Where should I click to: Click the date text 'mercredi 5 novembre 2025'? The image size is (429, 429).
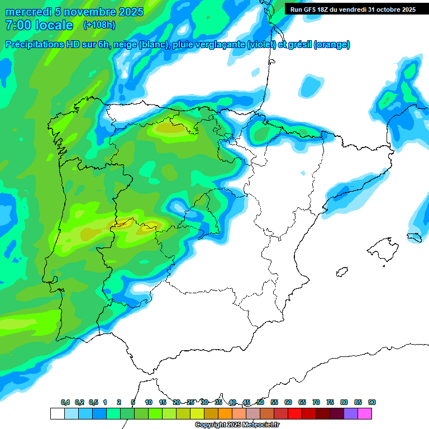pos(74,12)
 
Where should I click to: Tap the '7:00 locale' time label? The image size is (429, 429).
pos(39,25)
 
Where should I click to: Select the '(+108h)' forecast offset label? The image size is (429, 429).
pos(99,25)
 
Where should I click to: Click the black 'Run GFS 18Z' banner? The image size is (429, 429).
pos(352,9)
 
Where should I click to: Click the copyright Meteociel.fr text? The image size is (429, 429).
pos(237,425)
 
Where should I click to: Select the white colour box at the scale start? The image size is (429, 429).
pos(57,413)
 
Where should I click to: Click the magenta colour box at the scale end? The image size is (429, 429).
pos(365,413)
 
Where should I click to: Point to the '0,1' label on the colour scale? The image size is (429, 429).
pos(65,402)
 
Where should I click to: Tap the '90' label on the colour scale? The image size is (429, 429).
pos(372,402)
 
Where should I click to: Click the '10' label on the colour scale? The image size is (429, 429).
pos(149,402)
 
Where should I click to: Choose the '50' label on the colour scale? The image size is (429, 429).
pos(260,402)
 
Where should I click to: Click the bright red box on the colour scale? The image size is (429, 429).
pos(295,413)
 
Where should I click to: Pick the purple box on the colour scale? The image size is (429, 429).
pos(351,413)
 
